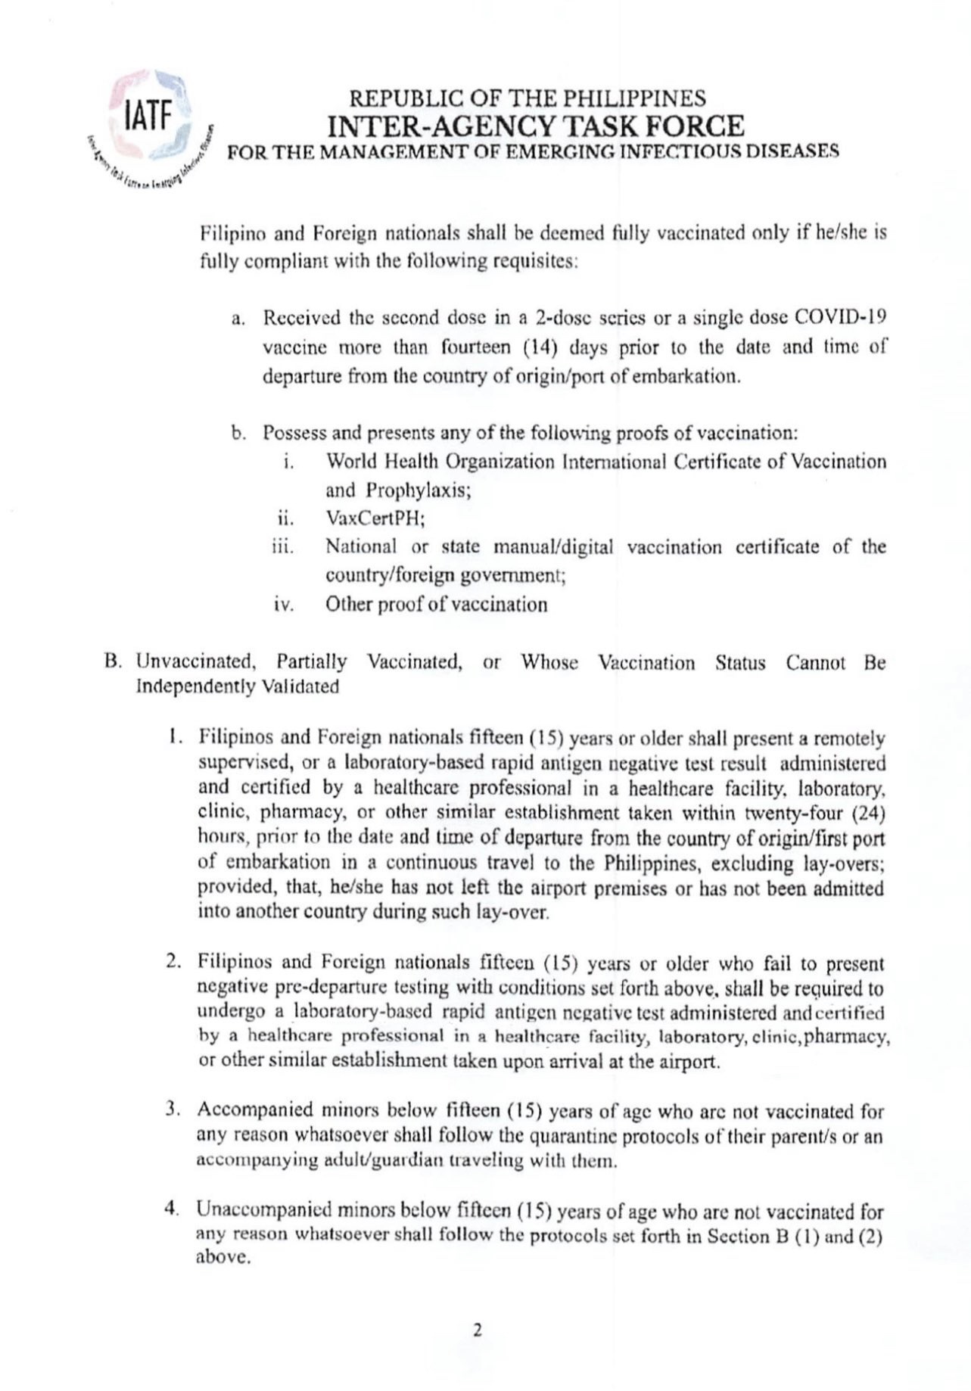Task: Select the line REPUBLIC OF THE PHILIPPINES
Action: pos(528,99)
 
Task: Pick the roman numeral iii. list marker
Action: pos(282,547)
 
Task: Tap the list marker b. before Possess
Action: pos(238,434)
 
